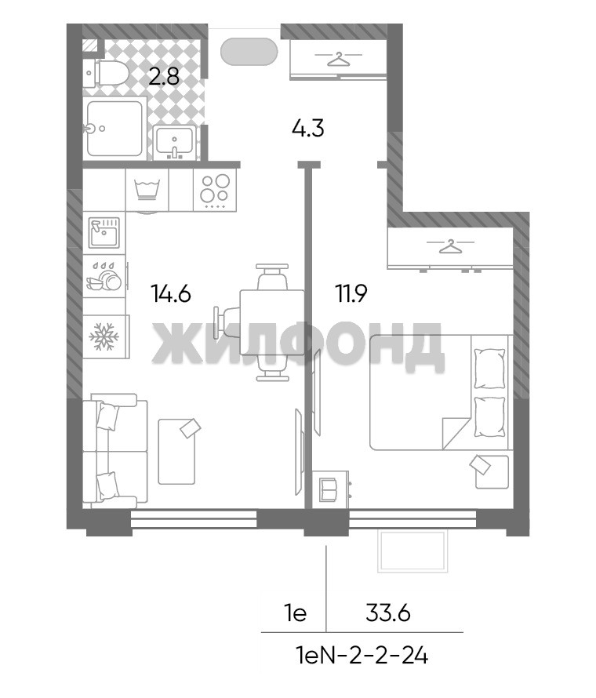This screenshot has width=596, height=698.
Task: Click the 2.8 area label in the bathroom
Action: [x=164, y=77]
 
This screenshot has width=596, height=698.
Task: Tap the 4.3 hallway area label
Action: [x=308, y=129]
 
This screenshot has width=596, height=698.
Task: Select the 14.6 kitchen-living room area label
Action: [x=171, y=294]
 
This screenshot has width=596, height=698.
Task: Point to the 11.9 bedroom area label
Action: [x=351, y=294]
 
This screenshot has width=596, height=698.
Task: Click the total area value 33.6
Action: [x=387, y=614]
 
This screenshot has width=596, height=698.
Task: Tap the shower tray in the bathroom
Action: [x=114, y=129]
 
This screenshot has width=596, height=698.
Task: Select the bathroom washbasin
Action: [x=174, y=141]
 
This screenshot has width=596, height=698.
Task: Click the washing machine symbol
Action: [x=147, y=190]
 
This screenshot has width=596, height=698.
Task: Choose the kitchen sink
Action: [x=104, y=232]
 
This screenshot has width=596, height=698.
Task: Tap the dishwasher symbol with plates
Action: [x=104, y=277]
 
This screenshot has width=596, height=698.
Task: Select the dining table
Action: [x=272, y=322]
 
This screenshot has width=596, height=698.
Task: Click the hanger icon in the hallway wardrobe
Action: [x=338, y=59]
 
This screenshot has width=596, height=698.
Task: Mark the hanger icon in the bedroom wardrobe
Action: [x=450, y=246]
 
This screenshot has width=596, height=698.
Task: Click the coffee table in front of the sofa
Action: [x=176, y=450]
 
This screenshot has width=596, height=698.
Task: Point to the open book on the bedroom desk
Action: [x=329, y=489]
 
